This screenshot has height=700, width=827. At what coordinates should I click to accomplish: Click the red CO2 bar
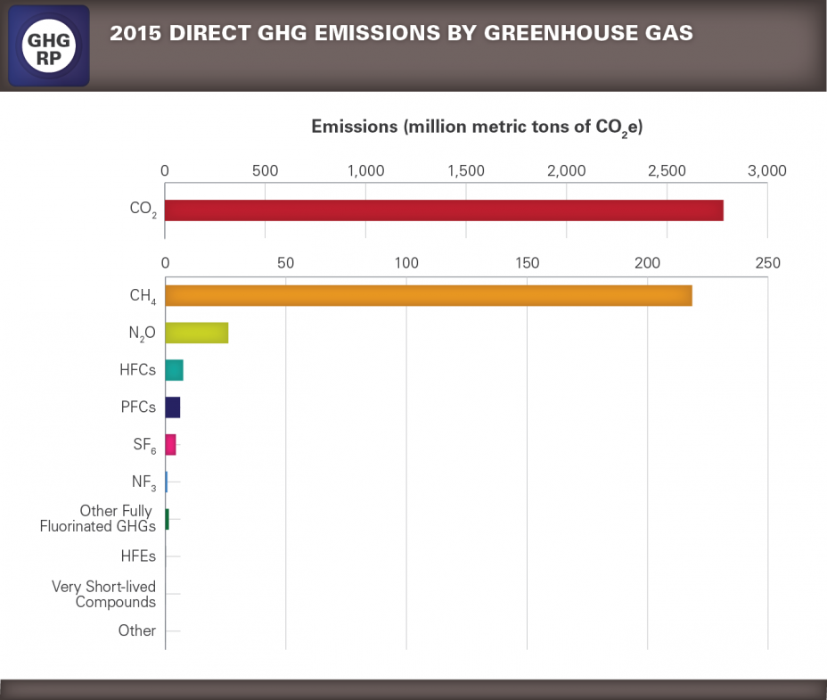tap(444, 210)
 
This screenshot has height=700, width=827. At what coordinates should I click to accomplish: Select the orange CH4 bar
tap(428, 295)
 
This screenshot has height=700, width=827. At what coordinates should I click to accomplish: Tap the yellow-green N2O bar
tap(196, 333)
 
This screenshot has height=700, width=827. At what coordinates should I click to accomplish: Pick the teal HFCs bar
tap(174, 370)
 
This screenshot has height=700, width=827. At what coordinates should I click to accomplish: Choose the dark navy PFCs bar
tap(172, 408)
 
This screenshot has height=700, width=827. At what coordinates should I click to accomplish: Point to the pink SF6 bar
tap(170, 444)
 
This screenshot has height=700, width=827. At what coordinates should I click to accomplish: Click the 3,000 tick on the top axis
tap(766, 170)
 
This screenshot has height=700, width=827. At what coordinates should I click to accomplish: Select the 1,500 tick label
tap(466, 170)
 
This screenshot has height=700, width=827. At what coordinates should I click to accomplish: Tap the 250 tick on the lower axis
tap(767, 263)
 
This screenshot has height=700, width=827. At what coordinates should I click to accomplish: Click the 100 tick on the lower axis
tap(406, 263)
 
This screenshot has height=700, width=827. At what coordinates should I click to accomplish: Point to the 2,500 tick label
tap(667, 170)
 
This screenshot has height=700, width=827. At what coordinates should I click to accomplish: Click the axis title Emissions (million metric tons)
tap(477, 128)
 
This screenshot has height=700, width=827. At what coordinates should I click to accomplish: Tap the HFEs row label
tap(138, 556)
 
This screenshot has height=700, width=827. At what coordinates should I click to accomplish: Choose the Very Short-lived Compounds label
tap(103, 594)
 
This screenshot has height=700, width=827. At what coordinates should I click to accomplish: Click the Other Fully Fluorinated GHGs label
tap(98, 519)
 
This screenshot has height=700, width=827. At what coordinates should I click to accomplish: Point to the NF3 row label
tap(143, 482)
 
